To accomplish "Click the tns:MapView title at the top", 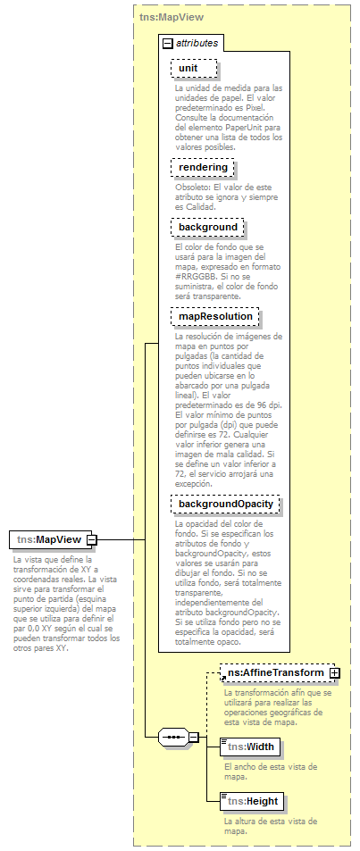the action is (171, 16).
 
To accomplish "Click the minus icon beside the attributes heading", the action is (167, 43).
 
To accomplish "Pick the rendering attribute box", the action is (204, 167).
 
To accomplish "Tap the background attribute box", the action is (206, 228).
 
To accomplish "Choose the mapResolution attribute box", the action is (215, 316).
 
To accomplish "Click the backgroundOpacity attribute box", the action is (225, 505).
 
